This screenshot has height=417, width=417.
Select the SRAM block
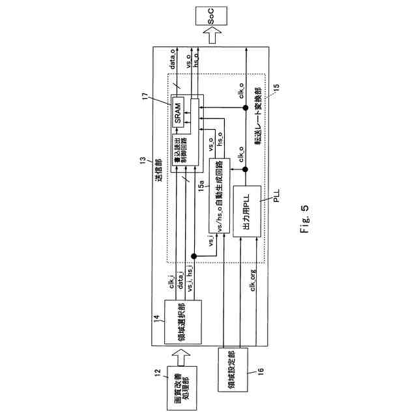(x=177, y=116)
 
